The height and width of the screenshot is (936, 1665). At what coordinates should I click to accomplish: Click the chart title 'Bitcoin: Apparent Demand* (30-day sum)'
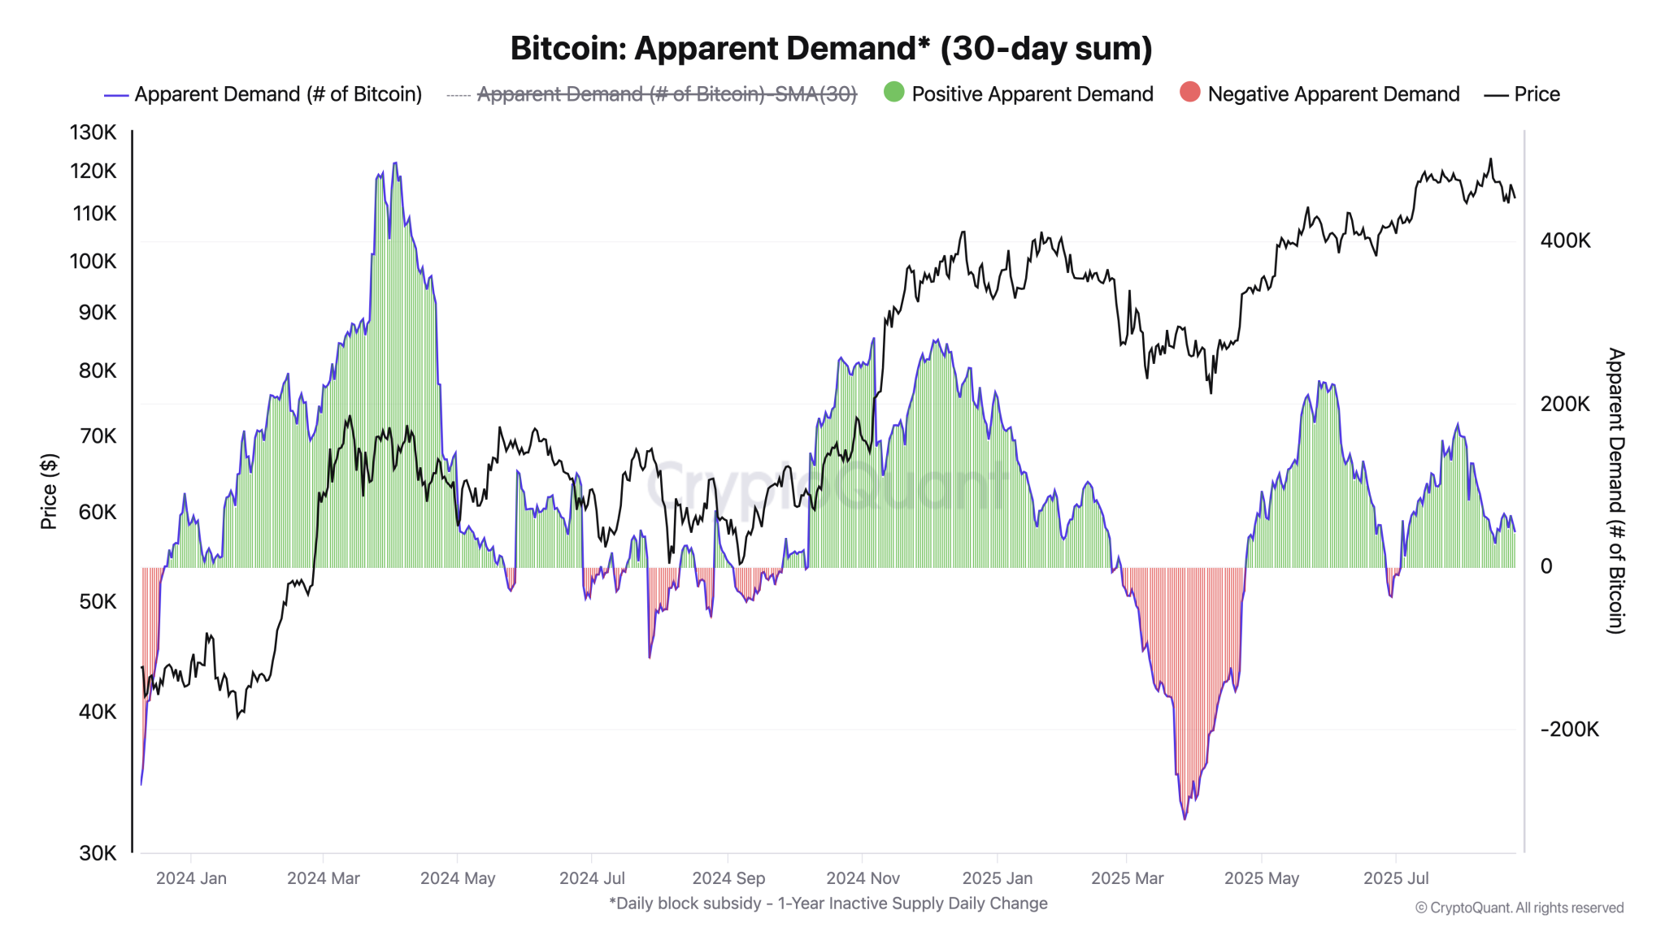(x=831, y=49)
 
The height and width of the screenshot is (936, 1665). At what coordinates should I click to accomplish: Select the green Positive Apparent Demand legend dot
(x=893, y=93)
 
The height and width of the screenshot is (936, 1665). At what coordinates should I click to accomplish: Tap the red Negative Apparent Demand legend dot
(x=1189, y=93)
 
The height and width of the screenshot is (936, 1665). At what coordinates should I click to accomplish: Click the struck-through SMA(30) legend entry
(x=666, y=94)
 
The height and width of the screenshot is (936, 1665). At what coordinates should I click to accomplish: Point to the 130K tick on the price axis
(x=93, y=132)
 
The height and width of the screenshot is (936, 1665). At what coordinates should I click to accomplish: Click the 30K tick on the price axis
(x=98, y=853)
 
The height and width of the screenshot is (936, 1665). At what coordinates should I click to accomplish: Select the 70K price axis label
(x=98, y=436)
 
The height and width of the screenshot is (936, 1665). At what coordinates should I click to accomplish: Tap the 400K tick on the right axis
(x=1565, y=240)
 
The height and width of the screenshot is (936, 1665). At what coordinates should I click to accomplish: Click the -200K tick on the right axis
(x=1569, y=730)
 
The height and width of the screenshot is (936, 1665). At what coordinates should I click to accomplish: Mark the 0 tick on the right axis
(x=1546, y=566)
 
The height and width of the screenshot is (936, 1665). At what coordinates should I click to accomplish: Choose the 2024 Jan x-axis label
(x=191, y=878)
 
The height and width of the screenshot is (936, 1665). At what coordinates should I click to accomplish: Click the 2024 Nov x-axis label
(x=863, y=878)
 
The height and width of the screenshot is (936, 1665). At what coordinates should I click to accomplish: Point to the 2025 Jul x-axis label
(x=1396, y=878)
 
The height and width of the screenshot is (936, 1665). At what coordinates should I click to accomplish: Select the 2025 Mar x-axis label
(x=1127, y=878)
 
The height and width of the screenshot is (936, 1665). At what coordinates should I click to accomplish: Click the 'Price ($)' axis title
(x=49, y=492)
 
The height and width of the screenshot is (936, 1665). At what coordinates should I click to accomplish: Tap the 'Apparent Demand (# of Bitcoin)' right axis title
(x=1616, y=491)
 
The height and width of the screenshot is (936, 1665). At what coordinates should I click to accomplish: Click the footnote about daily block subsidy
(x=828, y=903)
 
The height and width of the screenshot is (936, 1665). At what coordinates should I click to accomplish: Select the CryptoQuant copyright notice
(x=1519, y=908)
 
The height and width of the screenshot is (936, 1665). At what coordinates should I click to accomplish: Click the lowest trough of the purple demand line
(x=1185, y=818)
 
